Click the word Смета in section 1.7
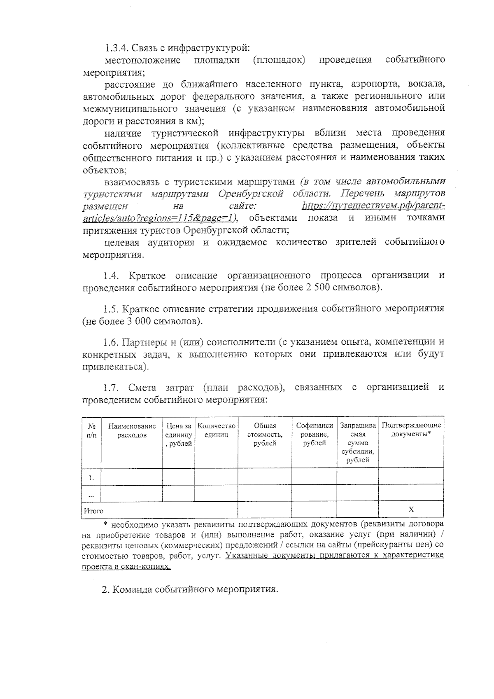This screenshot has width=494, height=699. point(142,387)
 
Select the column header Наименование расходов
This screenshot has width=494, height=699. point(132,430)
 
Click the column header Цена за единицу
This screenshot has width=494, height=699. point(178,435)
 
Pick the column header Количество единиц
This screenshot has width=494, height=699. point(216,430)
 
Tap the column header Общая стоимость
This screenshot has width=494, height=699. point(265,435)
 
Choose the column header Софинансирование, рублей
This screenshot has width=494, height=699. point(314,435)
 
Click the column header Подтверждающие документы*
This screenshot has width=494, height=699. point(411,430)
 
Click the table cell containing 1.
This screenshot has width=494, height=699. point(91,478)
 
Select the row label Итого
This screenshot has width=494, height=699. point(93,511)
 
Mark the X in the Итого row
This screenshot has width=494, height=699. point(411,510)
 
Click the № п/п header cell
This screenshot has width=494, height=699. point(91,430)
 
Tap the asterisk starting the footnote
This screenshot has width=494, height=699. point(105,524)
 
